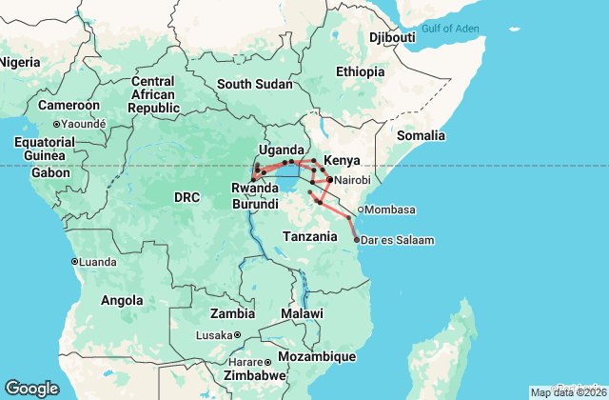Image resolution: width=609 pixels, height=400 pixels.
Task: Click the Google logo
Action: [x=31, y=389]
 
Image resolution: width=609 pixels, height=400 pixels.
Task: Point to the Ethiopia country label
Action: [x=360, y=71]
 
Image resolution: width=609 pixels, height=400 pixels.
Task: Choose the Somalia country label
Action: [x=421, y=136]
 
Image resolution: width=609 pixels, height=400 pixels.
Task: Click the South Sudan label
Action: [x=254, y=84]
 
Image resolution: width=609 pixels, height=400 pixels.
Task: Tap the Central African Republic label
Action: [x=154, y=94]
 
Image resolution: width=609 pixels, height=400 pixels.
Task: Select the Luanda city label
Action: [x=98, y=261]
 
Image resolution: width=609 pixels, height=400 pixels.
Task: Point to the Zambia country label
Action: [x=233, y=312]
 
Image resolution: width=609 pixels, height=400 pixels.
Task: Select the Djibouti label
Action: [x=392, y=37]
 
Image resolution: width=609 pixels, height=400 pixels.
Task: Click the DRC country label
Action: [x=187, y=197]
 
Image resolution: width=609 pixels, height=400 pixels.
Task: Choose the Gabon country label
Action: [x=49, y=172]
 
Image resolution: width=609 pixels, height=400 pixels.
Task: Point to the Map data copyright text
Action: [x=568, y=392]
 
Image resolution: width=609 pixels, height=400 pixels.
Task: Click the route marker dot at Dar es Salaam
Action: [x=356, y=240]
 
